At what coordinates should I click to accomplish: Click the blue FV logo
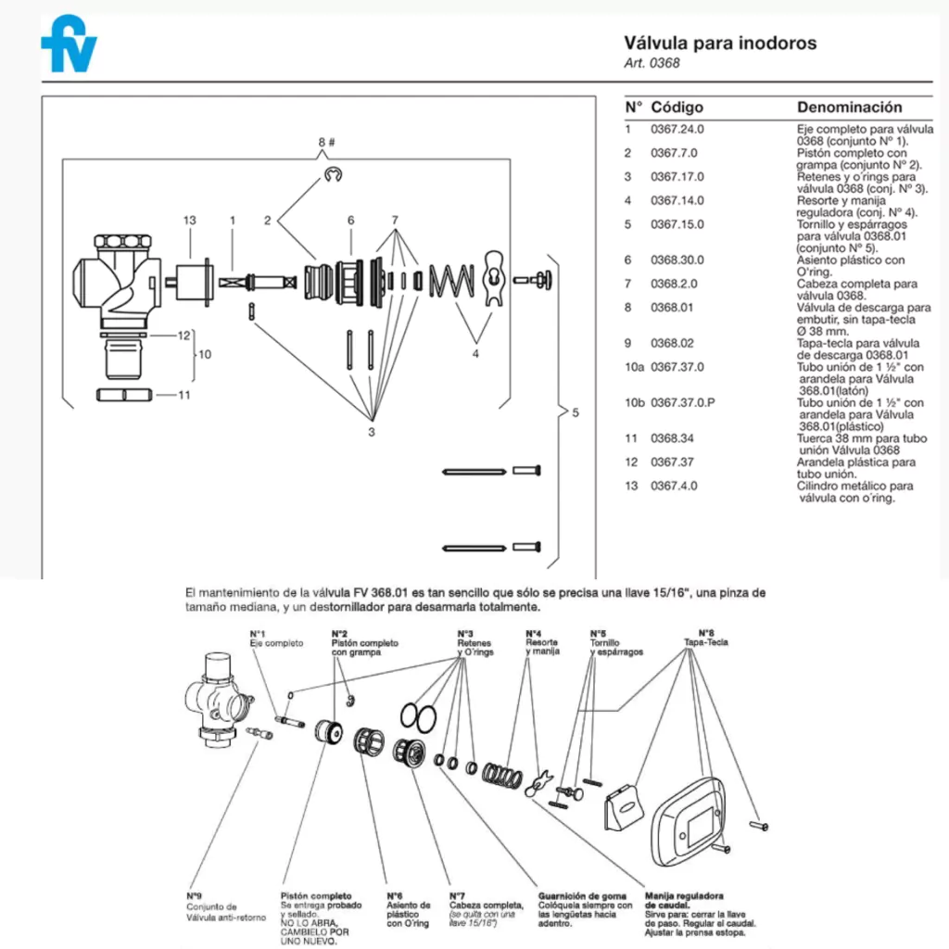pos(68,43)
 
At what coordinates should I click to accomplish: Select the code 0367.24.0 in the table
pos(677,130)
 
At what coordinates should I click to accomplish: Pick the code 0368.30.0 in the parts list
pos(677,260)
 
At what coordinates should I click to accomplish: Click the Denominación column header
pos(849,108)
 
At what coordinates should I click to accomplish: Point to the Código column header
pos(677,108)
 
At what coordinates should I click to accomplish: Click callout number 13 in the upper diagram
pos(190,221)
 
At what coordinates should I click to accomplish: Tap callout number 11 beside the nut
pos(184,396)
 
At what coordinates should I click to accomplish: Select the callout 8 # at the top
pos(326,142)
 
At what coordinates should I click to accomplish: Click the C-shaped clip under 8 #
pos(334,174)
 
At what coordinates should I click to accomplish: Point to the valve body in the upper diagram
pos(117,279)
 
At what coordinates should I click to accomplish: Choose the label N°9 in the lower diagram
pos(194,896)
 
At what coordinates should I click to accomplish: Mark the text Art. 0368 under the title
pos(652,64)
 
